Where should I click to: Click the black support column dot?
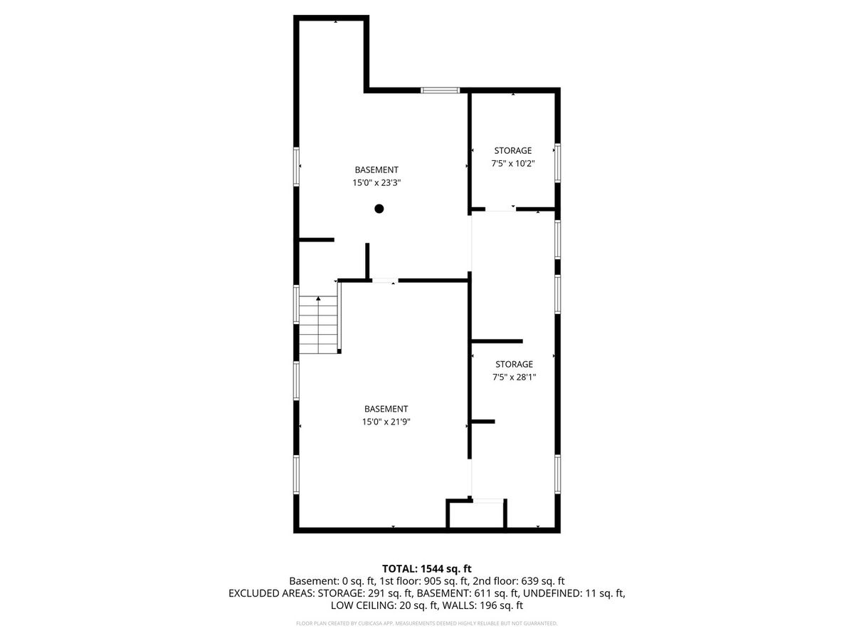click(379, 209)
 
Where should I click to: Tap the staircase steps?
click(318, 325)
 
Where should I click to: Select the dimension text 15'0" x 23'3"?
click(376, 182)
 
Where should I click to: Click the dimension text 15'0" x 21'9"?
click(386, 422)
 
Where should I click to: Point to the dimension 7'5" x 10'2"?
click(513, 164)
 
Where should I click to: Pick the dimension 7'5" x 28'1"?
click(514, 377)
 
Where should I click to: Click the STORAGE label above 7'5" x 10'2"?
click(513, 150)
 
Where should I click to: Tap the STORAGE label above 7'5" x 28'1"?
click(514, 364)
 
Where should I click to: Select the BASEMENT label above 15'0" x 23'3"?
click(376, 170)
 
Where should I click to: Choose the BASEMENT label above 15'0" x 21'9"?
click(386, 409)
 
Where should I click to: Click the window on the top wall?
click(440, 90)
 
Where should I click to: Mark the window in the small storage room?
click(557, 162)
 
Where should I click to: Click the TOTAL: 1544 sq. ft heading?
click(426, 568)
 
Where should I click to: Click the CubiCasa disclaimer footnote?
click(426, 623)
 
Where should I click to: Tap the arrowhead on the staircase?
click(318, 298)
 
